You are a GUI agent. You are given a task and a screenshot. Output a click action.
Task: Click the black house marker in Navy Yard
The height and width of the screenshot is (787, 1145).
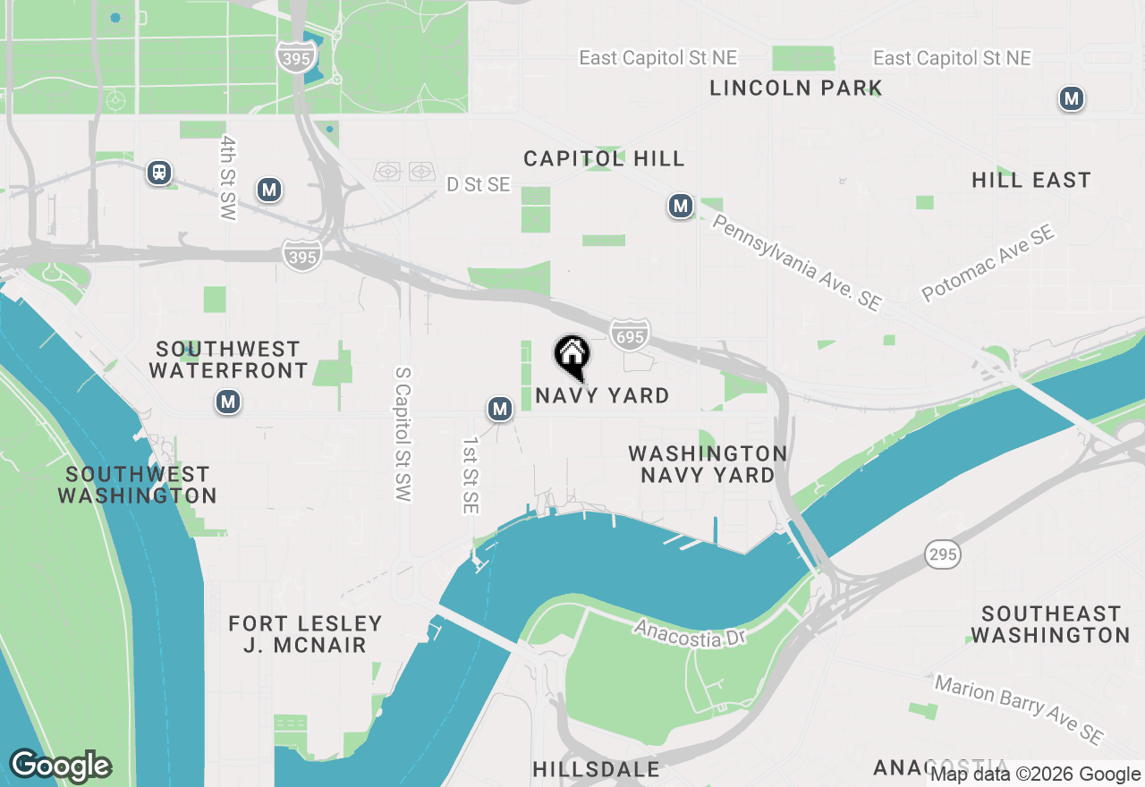(572, 355)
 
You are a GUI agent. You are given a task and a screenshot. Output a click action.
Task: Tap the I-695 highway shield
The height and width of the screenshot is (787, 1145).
(630, 334)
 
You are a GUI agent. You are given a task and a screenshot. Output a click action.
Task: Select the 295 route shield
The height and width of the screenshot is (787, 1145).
(943, 554)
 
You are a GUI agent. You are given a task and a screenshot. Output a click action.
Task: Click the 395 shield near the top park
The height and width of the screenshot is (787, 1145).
(295, 58)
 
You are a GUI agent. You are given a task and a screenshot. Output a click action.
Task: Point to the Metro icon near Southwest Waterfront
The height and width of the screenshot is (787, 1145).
(228, 402)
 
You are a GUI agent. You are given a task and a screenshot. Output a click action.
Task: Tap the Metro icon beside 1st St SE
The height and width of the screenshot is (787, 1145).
(500, 410)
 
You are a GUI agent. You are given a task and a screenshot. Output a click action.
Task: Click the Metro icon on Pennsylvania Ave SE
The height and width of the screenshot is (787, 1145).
(681, 207)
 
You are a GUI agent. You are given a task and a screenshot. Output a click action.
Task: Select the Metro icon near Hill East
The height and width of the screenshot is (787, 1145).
(1071, 98)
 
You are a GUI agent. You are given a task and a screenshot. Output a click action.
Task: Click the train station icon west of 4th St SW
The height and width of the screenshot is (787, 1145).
(159, 172)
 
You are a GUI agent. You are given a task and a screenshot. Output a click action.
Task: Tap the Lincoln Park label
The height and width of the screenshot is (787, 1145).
(796, 88)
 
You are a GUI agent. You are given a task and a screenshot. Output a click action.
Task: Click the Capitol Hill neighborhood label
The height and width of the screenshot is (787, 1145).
(604, 158)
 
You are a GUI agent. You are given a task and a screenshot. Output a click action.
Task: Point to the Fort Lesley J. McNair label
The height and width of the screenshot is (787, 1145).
(305, 633)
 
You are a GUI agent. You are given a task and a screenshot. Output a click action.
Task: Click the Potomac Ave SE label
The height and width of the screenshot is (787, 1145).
(988, 264)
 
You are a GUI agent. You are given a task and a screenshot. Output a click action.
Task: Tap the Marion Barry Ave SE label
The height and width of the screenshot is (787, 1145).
(1018, 709)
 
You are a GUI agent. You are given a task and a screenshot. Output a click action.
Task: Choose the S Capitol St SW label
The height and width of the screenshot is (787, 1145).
(403, 433)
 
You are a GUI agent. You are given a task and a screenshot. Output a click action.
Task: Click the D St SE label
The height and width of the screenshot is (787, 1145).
(479, 184)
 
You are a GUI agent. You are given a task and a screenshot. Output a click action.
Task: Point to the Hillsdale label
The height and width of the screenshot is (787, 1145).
(596, 769)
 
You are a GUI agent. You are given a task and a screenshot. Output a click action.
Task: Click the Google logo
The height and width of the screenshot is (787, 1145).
(60, 766)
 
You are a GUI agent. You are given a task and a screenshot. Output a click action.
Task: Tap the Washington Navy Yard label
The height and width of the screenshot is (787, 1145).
(708, 464)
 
